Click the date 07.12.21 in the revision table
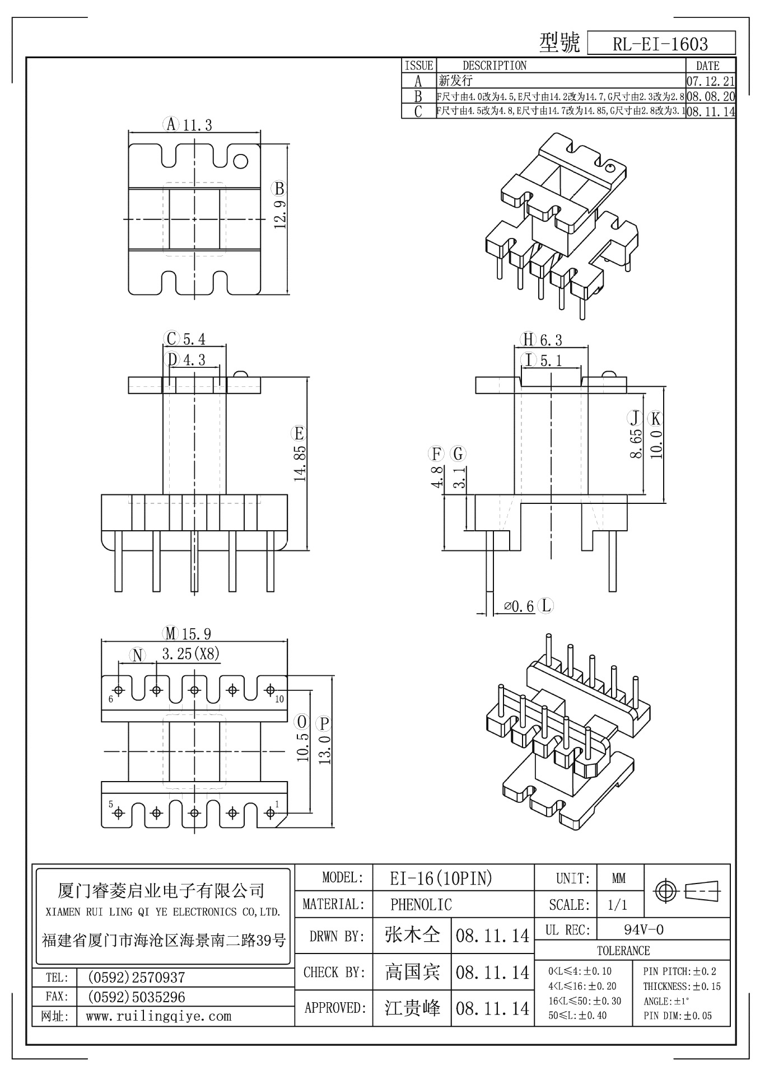pos(710,81)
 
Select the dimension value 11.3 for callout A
pos(197,124)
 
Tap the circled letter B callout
pos(279,188)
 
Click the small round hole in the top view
pos(240,161)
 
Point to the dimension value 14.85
pos(300,463)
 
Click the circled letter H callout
pos(528,339)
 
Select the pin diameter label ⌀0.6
pos(519,606)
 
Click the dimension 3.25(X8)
pos(190,653)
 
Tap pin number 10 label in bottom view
pos(279,699)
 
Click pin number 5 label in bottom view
pos(111,805)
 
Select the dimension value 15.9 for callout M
pos(196,634)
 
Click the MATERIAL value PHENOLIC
pos(421,904)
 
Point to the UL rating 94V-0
pos(644,930)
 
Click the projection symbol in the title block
pos(688,890)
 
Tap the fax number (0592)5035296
pos(136,997)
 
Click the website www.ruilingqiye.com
pos(158,1016)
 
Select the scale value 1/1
pos(617,905)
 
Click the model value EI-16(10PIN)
pos(441,878)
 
